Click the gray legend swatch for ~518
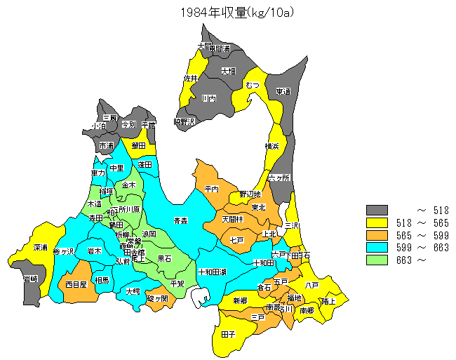377,210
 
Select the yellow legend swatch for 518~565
377,222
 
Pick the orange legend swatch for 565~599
377,235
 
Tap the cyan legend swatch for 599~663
377,247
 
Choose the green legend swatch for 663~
377,260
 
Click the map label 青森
181,221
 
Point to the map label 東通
283,91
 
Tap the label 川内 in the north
208,99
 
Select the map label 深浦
41,248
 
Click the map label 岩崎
30,279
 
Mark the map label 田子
228,335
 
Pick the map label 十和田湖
212,272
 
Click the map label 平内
212,189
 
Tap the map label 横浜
272,146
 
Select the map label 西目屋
76,285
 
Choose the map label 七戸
236,240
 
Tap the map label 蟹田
138,145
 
